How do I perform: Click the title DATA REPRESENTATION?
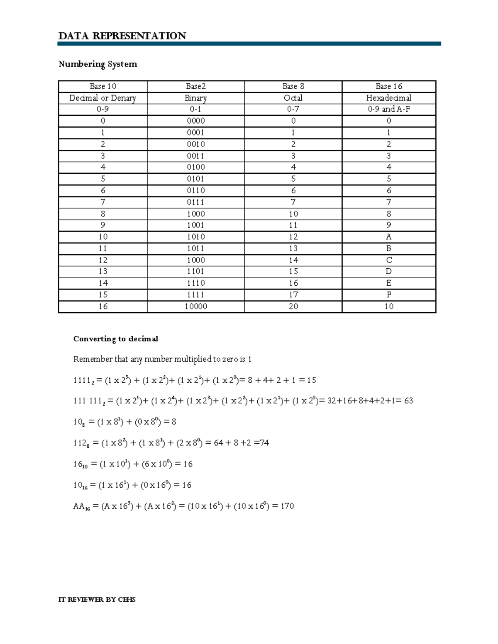coord(122,36)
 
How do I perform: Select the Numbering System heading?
coord(98,64)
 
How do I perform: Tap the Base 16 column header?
coord(388,86)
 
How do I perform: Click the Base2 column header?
coord(195,86)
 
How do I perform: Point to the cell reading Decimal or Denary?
coord(103,98)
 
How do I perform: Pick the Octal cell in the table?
coord(293,98)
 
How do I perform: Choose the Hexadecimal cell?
coord(388,98)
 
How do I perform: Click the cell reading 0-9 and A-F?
coord(388,109)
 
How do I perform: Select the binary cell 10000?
coord(195,306)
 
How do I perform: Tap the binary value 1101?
coord(195,271)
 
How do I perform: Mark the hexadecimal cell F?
coord(388,295)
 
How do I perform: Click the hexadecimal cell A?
coord(388,237)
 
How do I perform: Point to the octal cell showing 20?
coord(293,306)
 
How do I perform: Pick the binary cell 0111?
coord(195,202)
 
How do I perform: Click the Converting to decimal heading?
coord(115,339)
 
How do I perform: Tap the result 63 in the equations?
coord(408,401)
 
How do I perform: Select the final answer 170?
coord(287,506)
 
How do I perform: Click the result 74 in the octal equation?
coord(264,443)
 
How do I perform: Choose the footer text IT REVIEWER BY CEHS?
coord(97,600)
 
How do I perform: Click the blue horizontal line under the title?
coord(249,44)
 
